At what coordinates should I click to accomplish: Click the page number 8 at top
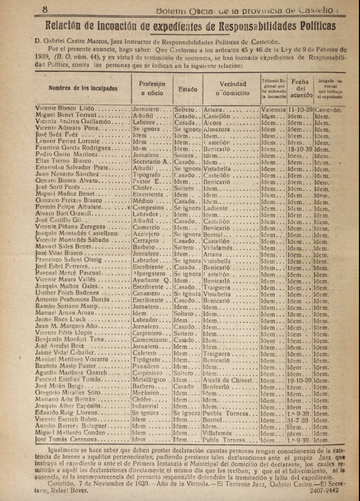coord(45,10)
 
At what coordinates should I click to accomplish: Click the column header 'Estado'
coord(188,89)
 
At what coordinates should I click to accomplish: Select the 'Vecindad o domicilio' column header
coord(233,88)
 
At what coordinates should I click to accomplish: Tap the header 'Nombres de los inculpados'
coord(83,88)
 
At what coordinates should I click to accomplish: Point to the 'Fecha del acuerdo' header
coord(300,88)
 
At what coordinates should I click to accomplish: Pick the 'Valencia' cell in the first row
coord(273,110)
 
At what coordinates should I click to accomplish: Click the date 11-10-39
coord(300,110)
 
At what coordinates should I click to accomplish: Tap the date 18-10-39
coord(300,149)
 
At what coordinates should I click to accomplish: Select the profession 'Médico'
coord(143,201)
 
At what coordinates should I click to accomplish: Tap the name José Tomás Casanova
coord(66,440)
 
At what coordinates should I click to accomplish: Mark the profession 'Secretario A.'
coord(152,162)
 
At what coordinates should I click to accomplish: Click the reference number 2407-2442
coord(324,490)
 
